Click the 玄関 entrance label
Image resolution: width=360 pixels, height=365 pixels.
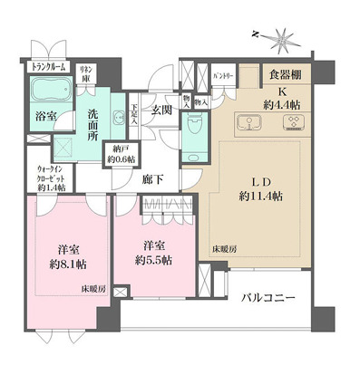pos(162,110)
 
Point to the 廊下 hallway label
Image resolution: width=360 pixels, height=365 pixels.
pos(152,180)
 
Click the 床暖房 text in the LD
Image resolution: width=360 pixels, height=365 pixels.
pos(226,246)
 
